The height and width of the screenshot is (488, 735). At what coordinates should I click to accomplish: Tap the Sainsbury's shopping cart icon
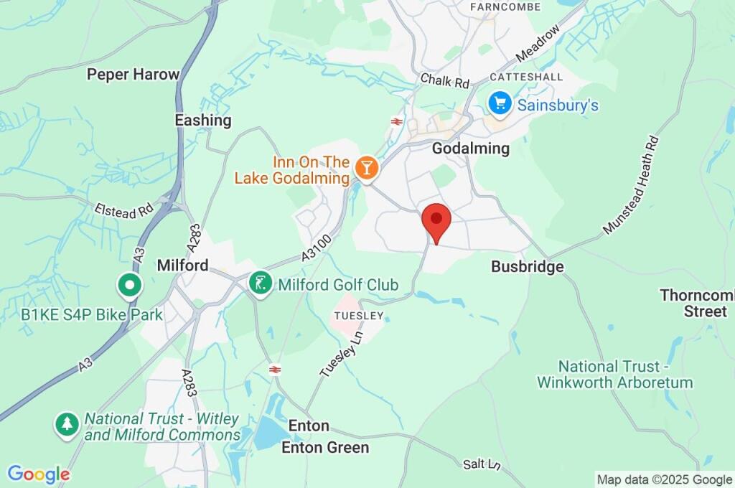point(499,103)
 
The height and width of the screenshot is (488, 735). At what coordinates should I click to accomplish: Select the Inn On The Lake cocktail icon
point(367,168)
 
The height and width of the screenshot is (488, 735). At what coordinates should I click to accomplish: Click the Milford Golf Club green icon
point(260,283)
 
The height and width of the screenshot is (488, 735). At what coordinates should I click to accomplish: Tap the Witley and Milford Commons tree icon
point(67,424)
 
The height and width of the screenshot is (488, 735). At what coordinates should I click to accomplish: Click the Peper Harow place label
point(133,74)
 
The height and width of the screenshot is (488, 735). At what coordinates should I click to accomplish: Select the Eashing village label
point(203,120)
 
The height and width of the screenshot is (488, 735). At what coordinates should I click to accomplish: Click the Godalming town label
point(470,149)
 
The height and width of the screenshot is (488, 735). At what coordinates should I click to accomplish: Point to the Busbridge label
point(527,266)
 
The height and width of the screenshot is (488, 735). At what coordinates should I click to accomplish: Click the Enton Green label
point(325,447)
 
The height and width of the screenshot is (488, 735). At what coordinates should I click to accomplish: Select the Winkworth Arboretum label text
point(614,374)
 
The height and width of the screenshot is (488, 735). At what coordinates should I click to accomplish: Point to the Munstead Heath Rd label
point(631,185)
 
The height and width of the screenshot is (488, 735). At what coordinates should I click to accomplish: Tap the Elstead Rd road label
point(124,210)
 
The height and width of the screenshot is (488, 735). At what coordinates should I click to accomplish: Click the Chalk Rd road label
point(445,80)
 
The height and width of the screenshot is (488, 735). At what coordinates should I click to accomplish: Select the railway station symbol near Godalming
point(396,121)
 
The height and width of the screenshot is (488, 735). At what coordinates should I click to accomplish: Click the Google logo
point(38,474)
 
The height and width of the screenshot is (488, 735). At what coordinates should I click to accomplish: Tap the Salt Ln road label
point(481,464)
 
